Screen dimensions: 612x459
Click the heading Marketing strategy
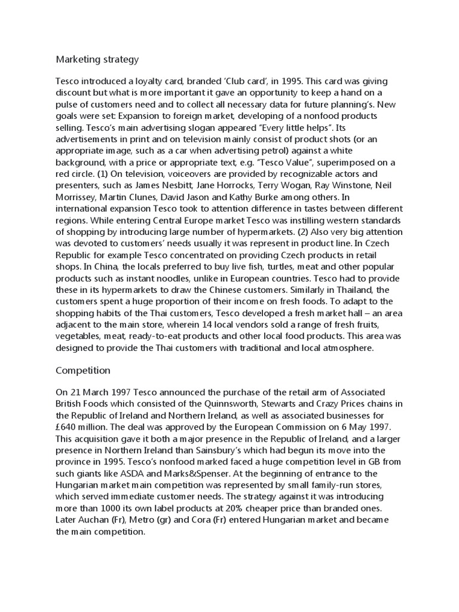coord(97,59)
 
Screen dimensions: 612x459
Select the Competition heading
coord(83,371)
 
